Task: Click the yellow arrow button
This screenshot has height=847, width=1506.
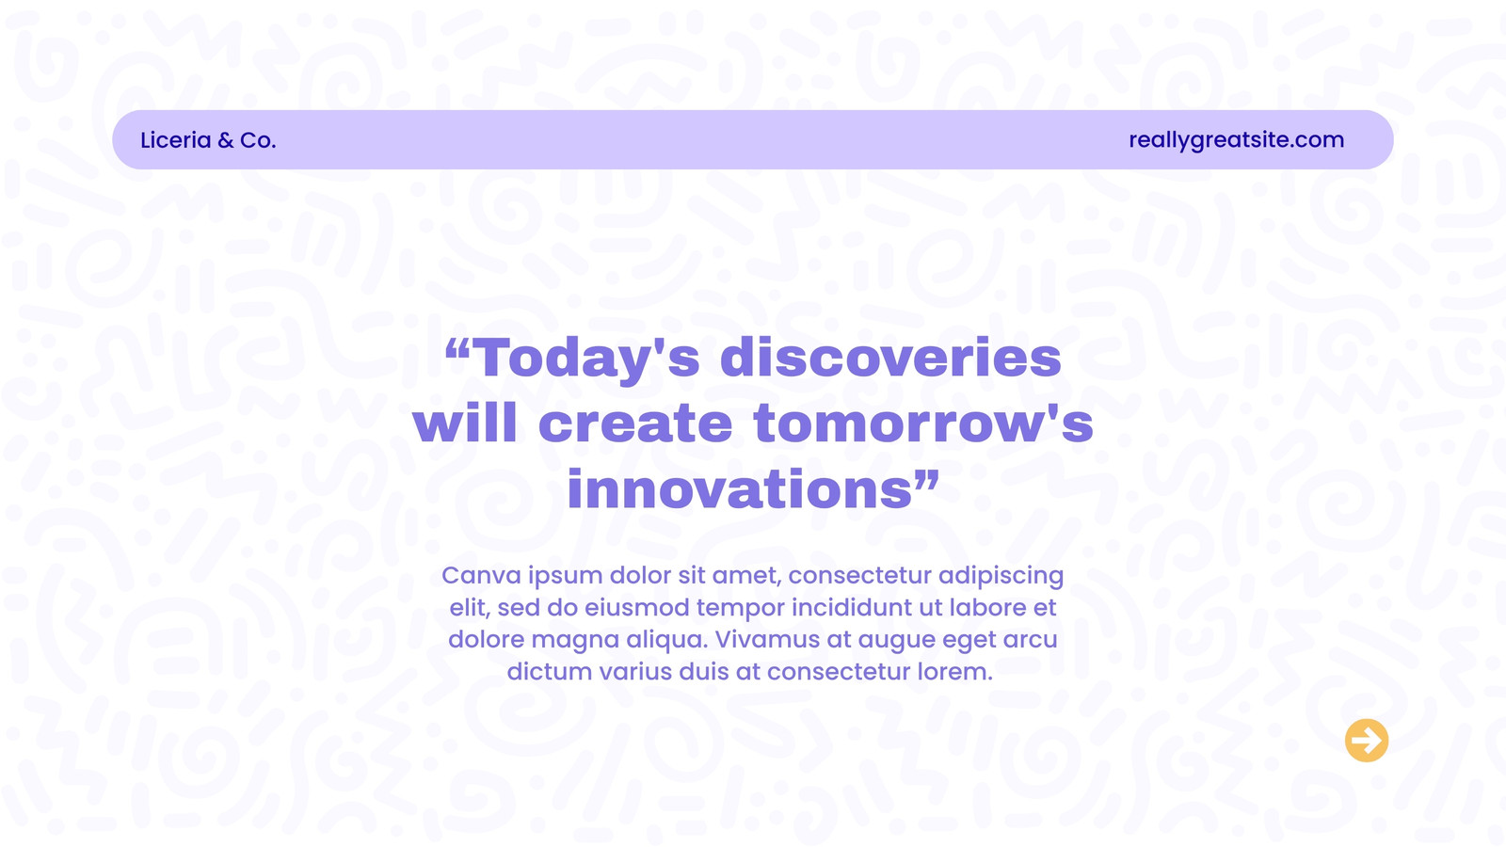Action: pyautogui.click(x=1366, y=740)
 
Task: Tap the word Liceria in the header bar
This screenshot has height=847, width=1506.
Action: pyautogui.click(x=176, y=140)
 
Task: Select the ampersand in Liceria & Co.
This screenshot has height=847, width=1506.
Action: pyautogui.click(x=226, y=140)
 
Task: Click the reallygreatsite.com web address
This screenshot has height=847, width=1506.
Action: pyautogui.click(x=1237, y=140)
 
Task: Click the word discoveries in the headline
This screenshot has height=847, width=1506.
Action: pyautogui.click(x=890, y=357)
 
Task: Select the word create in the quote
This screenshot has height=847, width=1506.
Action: pyautogui.click(x=635, y=423)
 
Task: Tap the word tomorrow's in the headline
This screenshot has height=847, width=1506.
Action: pyautogui.click(x=923, y=423)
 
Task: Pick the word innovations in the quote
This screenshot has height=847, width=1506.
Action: pyautogui.click(x=740, y=488)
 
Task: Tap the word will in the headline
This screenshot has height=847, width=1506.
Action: pyautogui.click(x=465, y=423)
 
